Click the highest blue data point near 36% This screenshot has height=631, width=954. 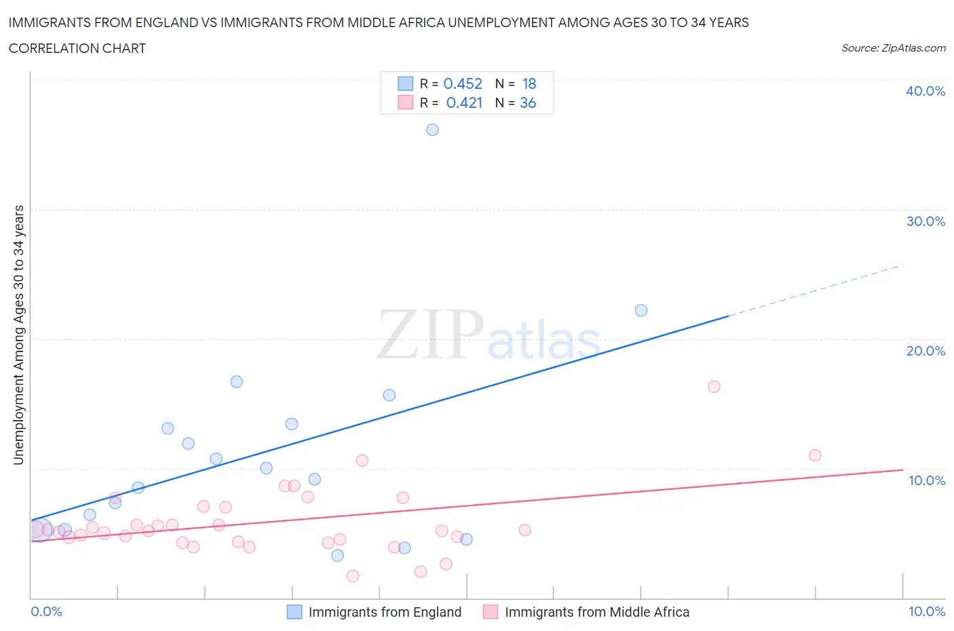(432, 130)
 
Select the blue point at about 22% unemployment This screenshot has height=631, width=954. (641, 310)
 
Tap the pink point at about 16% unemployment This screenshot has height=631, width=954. (714, 387)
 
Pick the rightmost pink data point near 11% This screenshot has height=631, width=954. (815, 455)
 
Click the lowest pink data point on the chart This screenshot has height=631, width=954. (353, 576)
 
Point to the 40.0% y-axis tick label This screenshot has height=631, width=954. (926, 91)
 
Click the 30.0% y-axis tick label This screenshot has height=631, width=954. (926, 221)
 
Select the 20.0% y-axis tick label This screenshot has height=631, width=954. (926, 351)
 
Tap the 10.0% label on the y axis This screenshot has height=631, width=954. (926, 480)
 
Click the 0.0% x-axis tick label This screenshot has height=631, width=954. (47, 611)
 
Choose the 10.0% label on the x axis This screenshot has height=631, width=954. (926, 611)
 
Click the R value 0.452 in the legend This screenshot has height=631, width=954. (463, 83)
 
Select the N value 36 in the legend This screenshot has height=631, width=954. (528, 102)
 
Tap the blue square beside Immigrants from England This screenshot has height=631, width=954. (294, 612)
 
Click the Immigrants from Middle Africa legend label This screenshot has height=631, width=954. (597, 612)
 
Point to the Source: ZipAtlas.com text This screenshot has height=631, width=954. (893, 47)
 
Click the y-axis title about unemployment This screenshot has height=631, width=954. (18, 334)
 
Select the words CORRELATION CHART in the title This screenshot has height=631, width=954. (77, 48)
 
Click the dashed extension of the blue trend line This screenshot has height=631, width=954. (814, 290)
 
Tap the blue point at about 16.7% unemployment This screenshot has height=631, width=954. (237, 381)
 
